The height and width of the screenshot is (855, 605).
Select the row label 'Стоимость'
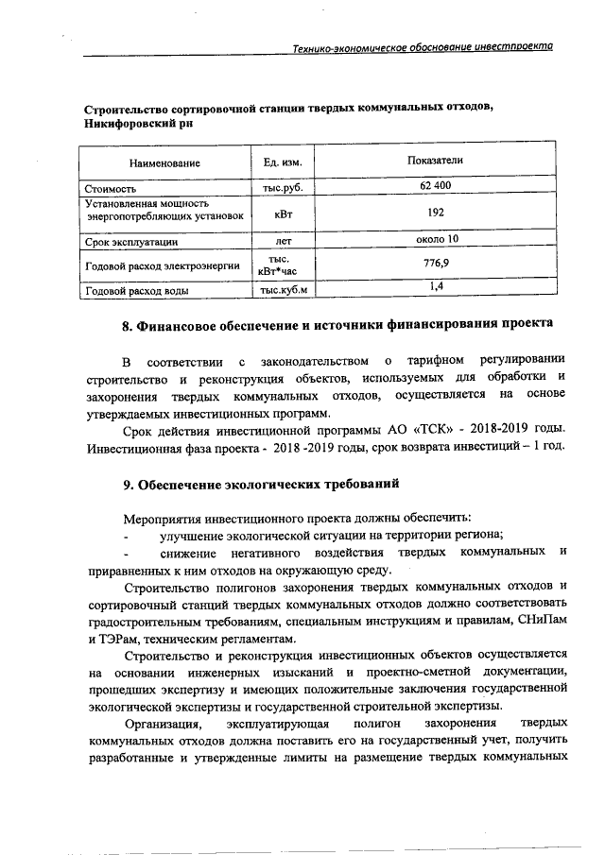111,189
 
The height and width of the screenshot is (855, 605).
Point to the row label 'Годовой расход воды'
136,291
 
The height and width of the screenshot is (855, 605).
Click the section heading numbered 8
337,329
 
